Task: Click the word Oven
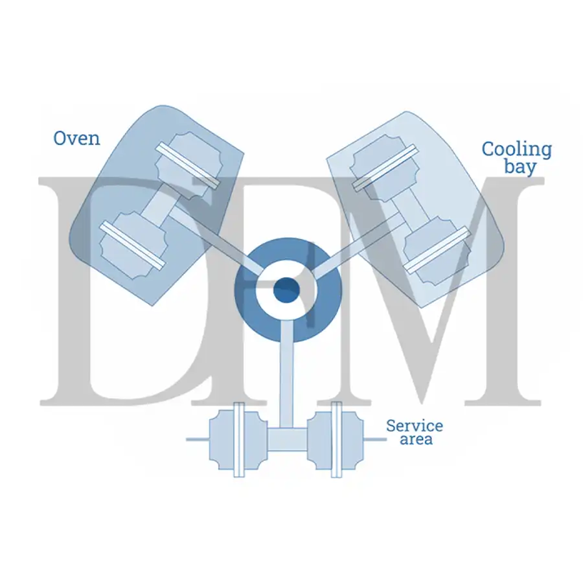point(77,139)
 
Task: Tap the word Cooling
point(517,150)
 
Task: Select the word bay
point(520,166)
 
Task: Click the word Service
point(415,426)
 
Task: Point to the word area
point(416,439)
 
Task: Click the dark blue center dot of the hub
point(286,290)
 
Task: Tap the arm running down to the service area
point(287,374)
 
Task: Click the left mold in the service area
point(238,439)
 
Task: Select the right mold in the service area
point(335,439)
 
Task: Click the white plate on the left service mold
point(239,439)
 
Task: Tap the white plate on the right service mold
point(336,439)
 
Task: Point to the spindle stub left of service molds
point(198,439)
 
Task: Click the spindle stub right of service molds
point(375,439)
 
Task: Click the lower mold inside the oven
point(133,246)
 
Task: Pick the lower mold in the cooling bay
point(437,250)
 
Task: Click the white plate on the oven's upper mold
point(187,165)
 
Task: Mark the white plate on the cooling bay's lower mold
point(437,250)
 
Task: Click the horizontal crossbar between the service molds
point(287,439)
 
